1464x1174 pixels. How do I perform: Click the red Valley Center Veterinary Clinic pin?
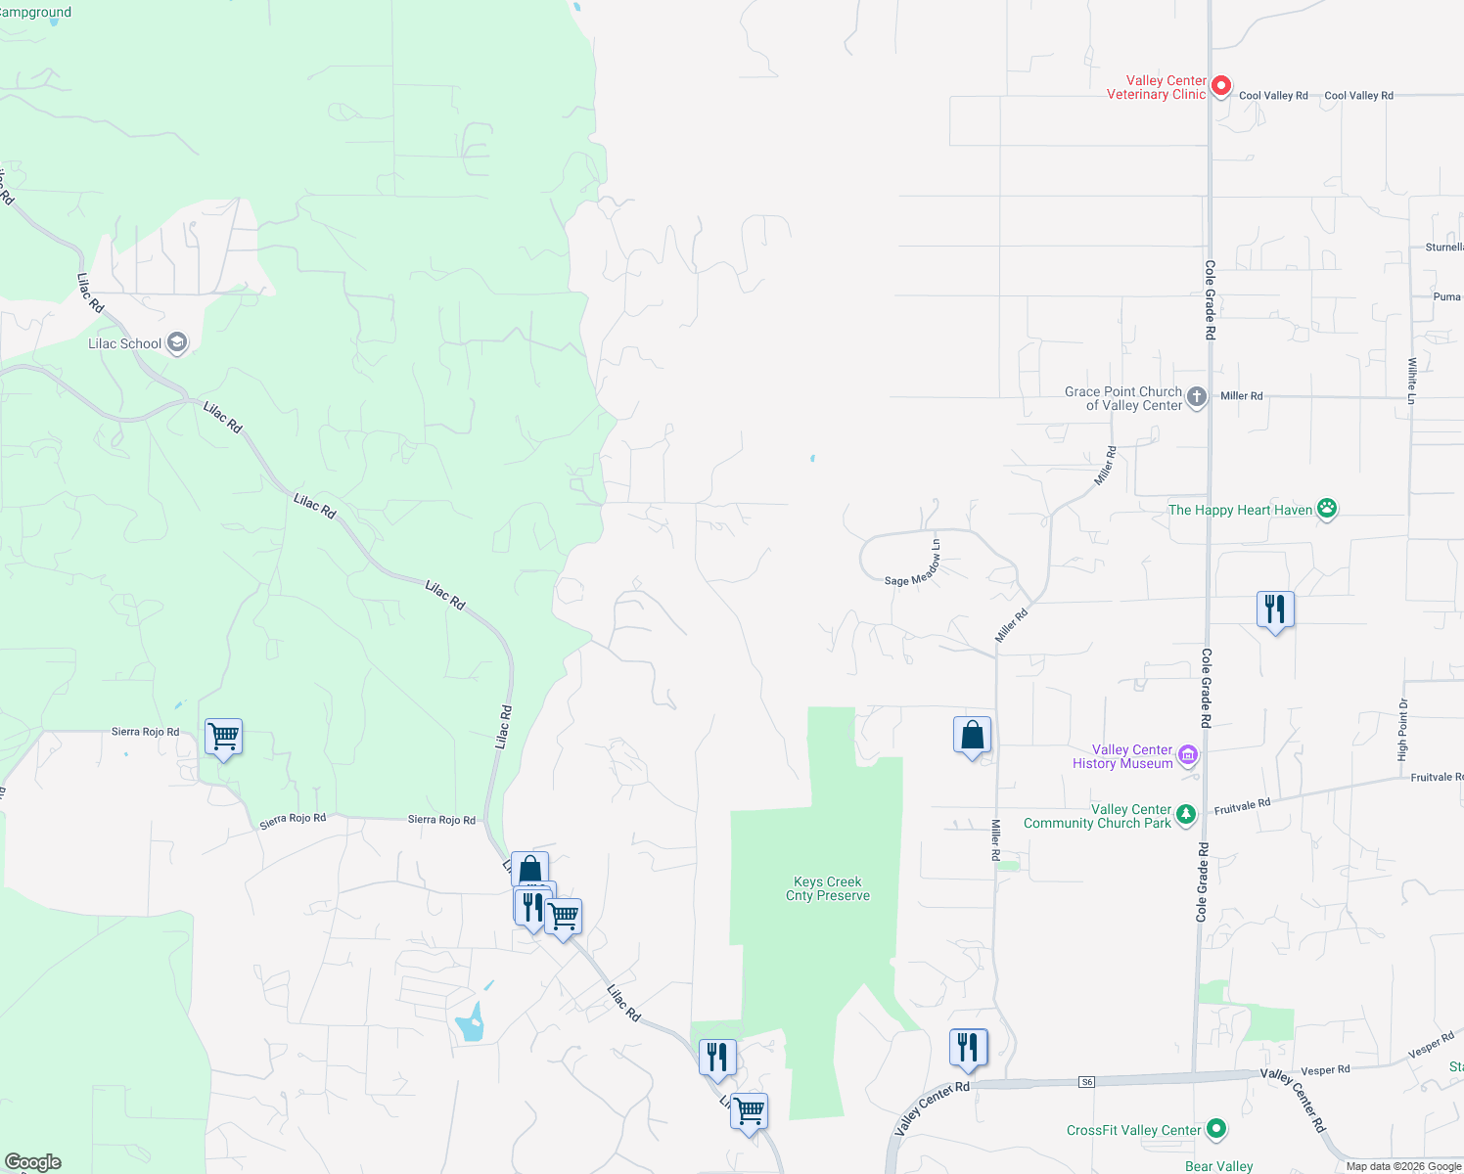[1220, 86]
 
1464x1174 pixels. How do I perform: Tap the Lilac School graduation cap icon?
[177, 342]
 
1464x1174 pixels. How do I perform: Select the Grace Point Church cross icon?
[1196, 397]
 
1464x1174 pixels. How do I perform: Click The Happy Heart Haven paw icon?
[1327, 508]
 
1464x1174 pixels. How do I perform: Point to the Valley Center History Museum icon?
[1188, 754]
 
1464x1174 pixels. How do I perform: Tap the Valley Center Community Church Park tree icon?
[1186, 814]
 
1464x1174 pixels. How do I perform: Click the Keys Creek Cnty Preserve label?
[828, 888]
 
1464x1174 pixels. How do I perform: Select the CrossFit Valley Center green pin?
[1216, 1129]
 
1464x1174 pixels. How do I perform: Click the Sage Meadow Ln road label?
[913, 569]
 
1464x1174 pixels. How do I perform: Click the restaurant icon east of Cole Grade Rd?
[1275, 609]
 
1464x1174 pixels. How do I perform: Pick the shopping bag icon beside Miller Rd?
[972, 735]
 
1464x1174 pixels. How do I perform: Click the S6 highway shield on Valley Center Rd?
[1086, 1081]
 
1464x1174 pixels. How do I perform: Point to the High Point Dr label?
[1403, 730]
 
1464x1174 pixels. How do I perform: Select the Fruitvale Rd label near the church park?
[1242, 806]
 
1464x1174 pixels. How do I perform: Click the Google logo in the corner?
[33, 1162]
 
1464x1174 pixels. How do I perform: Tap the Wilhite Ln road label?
[1412, 381]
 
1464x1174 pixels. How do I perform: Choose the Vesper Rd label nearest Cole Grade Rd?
[1325, 1070]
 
